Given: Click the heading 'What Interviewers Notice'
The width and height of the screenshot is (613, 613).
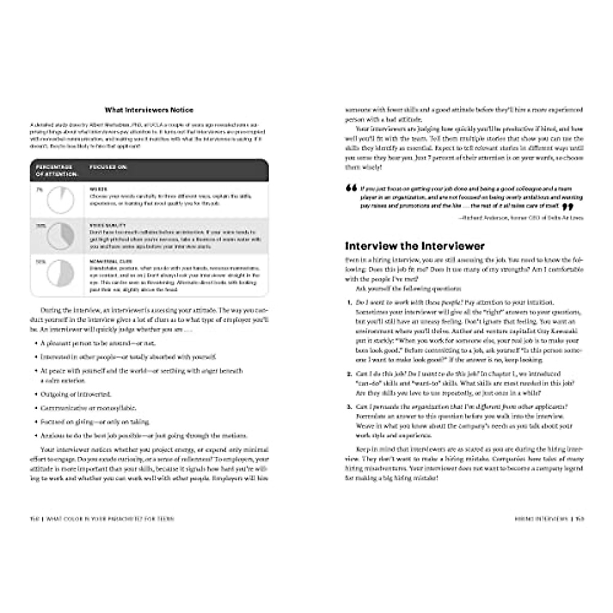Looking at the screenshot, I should click(149, 110).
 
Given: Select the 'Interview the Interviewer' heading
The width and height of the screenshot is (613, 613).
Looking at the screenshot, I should click(414, 246).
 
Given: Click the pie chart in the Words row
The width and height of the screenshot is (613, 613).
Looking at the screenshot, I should click(60, 200).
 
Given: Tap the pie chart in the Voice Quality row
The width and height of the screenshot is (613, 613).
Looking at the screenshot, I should click(60, 236).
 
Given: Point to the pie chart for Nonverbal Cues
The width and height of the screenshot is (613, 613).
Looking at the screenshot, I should click(60, 274).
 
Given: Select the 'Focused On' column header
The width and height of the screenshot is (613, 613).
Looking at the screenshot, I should click(108, 167).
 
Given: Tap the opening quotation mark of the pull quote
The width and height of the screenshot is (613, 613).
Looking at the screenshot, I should click(351, 188).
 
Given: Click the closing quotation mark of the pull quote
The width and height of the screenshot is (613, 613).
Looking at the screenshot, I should click(567, 207).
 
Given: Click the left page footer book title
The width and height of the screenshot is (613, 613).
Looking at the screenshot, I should click(102, 519).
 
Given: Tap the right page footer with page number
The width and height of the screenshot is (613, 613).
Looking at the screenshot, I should click(550, 519).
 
